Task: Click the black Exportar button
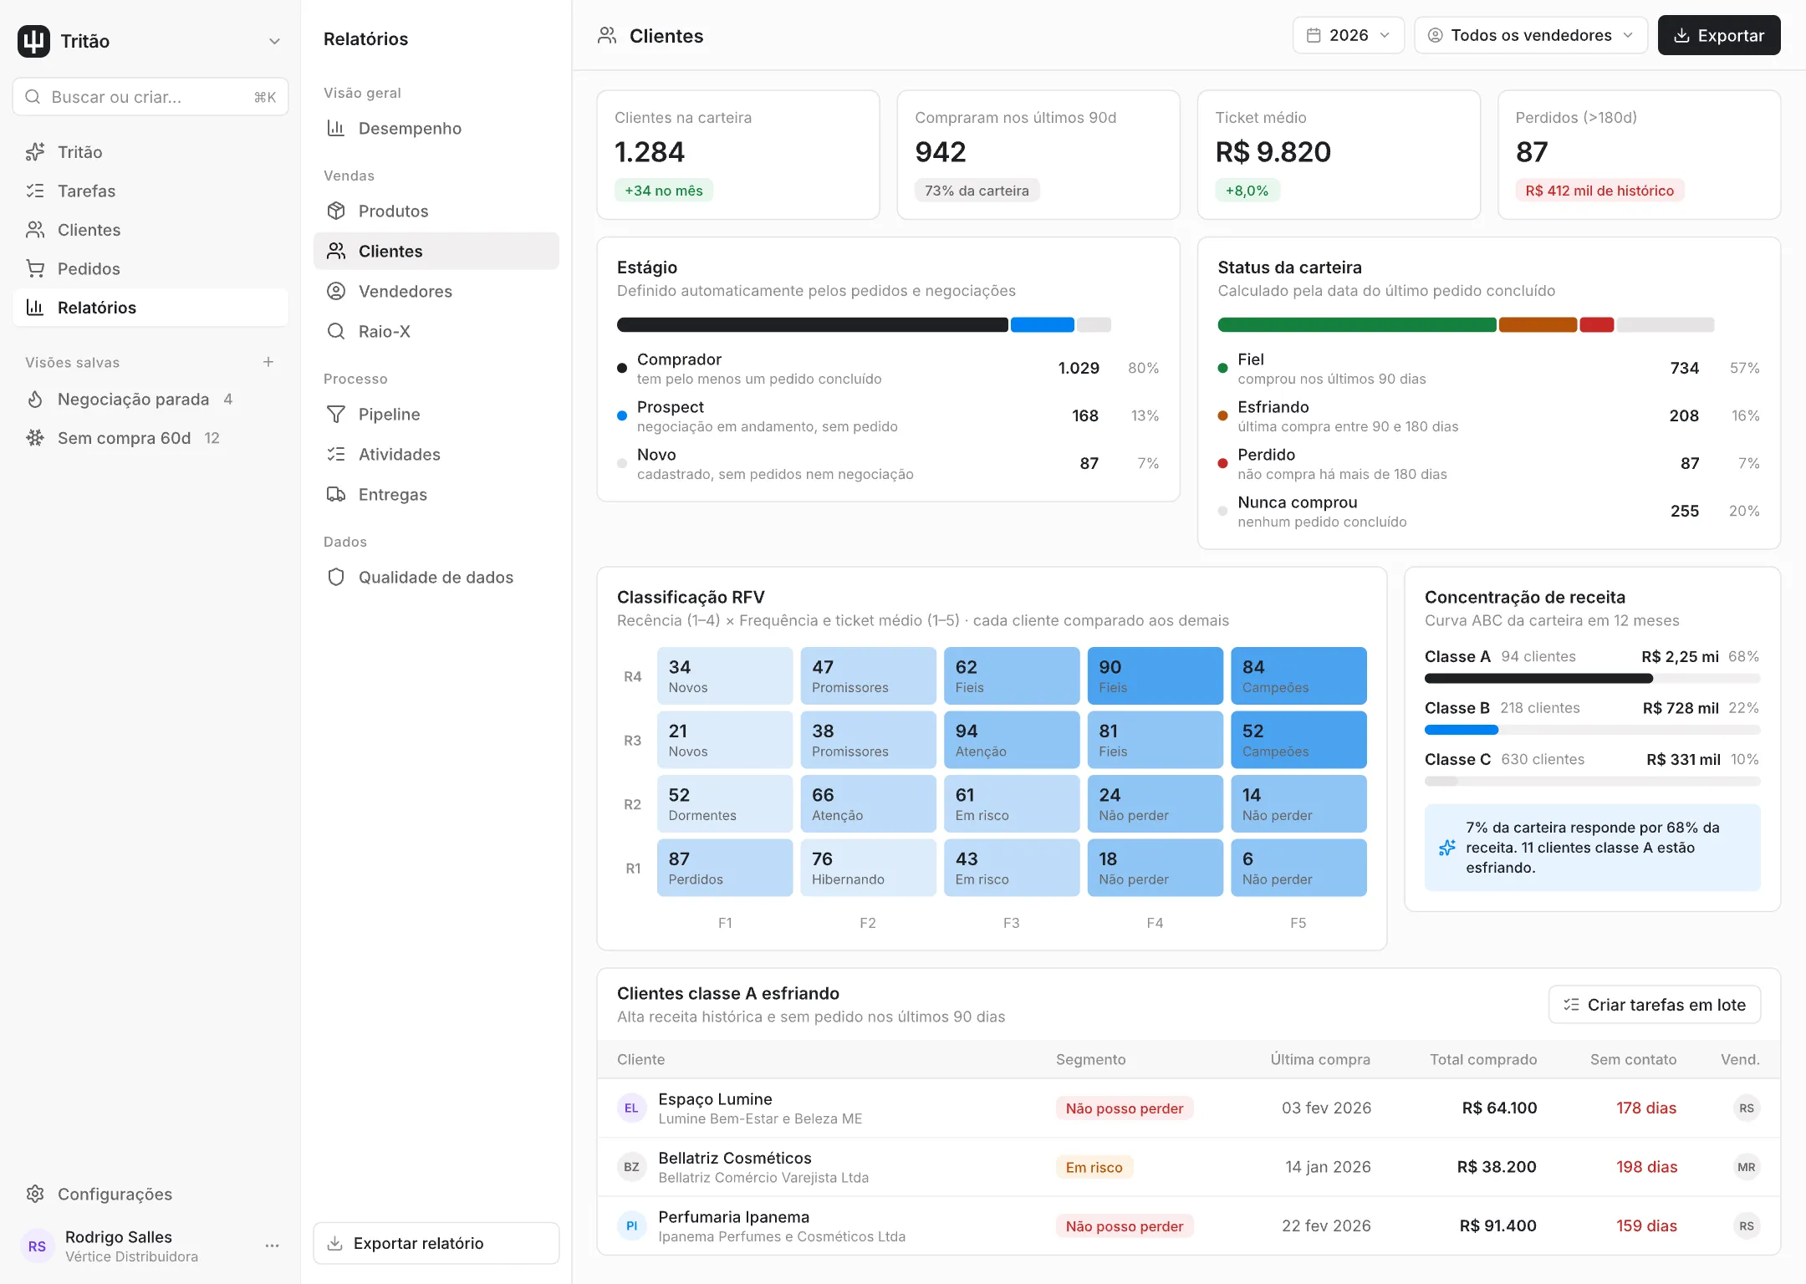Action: (1718, 35)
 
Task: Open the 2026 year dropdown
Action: (1348, 35)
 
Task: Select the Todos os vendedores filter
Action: (1530, 35)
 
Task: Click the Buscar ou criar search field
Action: (150, 97)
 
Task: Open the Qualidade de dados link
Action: (436, 578)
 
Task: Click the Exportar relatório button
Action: (436, 1243)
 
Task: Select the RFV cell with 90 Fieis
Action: (1155, 675)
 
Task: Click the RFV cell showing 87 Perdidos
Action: (725, 868)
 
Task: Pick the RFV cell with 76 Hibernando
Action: (868, 868)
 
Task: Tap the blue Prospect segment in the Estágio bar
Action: (1042, 325)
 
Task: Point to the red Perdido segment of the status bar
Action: (1597, 325)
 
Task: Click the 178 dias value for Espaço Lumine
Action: (1645, 1108)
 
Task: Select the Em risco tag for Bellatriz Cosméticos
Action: (1094, 1168)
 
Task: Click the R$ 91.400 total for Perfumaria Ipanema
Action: (1497, 1226)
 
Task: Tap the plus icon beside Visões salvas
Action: (268, 362)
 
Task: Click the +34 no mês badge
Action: (664, 191)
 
